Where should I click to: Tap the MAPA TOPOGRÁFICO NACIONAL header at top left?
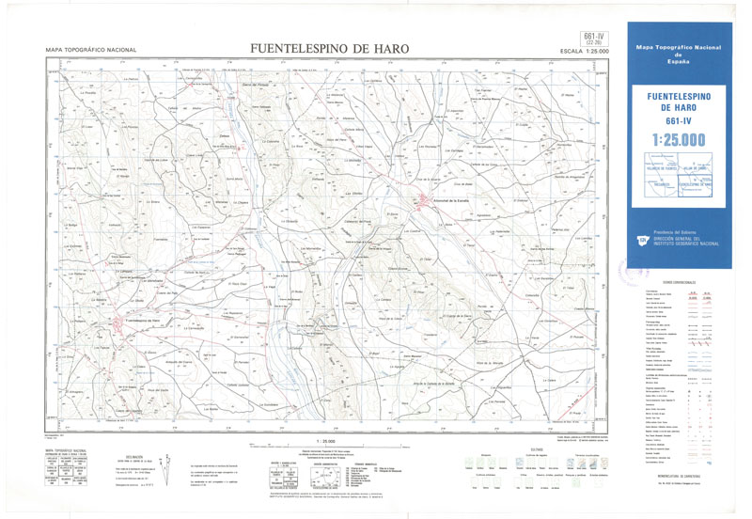click(x=91, y=50)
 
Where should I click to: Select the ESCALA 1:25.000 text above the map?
click(x=584, y=51)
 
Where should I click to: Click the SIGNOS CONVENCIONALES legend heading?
click(x=678, y=282)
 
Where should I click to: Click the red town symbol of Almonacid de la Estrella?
click(x=422, y=198)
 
